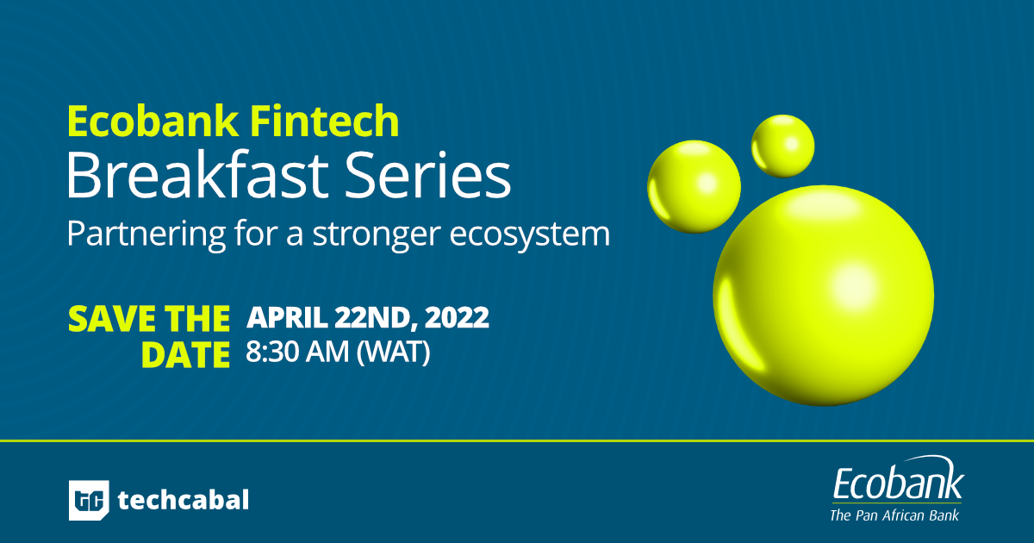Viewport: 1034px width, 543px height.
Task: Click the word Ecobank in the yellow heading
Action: click(x=153, y=121)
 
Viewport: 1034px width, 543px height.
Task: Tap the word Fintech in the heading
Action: click(x=325, y=121)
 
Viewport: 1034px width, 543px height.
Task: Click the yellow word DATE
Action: click(x=185, y=354)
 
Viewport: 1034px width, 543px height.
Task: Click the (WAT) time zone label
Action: click(x=393, y=353)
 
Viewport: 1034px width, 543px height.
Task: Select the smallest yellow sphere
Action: click(x=783, y=146)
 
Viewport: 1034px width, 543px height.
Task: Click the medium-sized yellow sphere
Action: click(x=694, y=186)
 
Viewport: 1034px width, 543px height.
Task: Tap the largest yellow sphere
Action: click(x=824, y=296)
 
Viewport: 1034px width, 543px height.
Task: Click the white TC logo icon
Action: click(x=89, y=500)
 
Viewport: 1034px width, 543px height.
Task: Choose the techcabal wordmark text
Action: click(x=184, y=500)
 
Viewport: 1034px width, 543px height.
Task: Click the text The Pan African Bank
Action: click(x=894, y=515)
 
